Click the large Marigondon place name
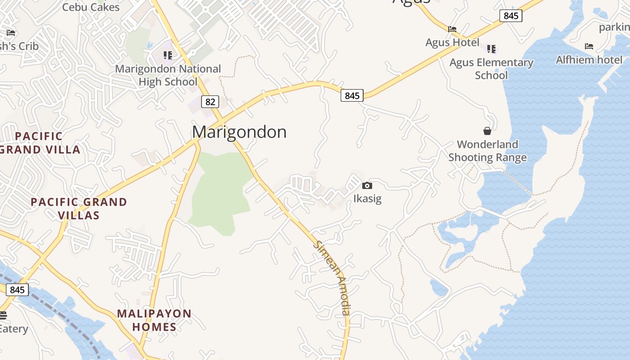(x=239, y=132)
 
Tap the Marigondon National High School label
(x=168, y=75)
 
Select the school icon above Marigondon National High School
(x=168, y=55)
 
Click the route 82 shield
(x=210, y=102)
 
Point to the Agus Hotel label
(x=452, y=43)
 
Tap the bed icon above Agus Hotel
(x=452, y=29)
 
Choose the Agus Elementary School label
(x=491, y=69)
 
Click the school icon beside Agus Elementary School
(x=491, y=48)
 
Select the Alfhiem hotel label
(x=589, y=60)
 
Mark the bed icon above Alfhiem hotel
(x=589, y=46)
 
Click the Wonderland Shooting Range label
(x=487, y=151)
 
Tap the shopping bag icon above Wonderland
(x=487, y=131)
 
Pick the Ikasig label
(x=367, y=198)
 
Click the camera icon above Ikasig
(x=367, y=186)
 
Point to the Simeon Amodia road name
(x=333, y=278)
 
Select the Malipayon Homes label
(x=154, y=320)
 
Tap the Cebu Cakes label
(x=91, y=7)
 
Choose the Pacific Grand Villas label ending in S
(x=79, y=209)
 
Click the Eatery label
(x=13, y=329)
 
